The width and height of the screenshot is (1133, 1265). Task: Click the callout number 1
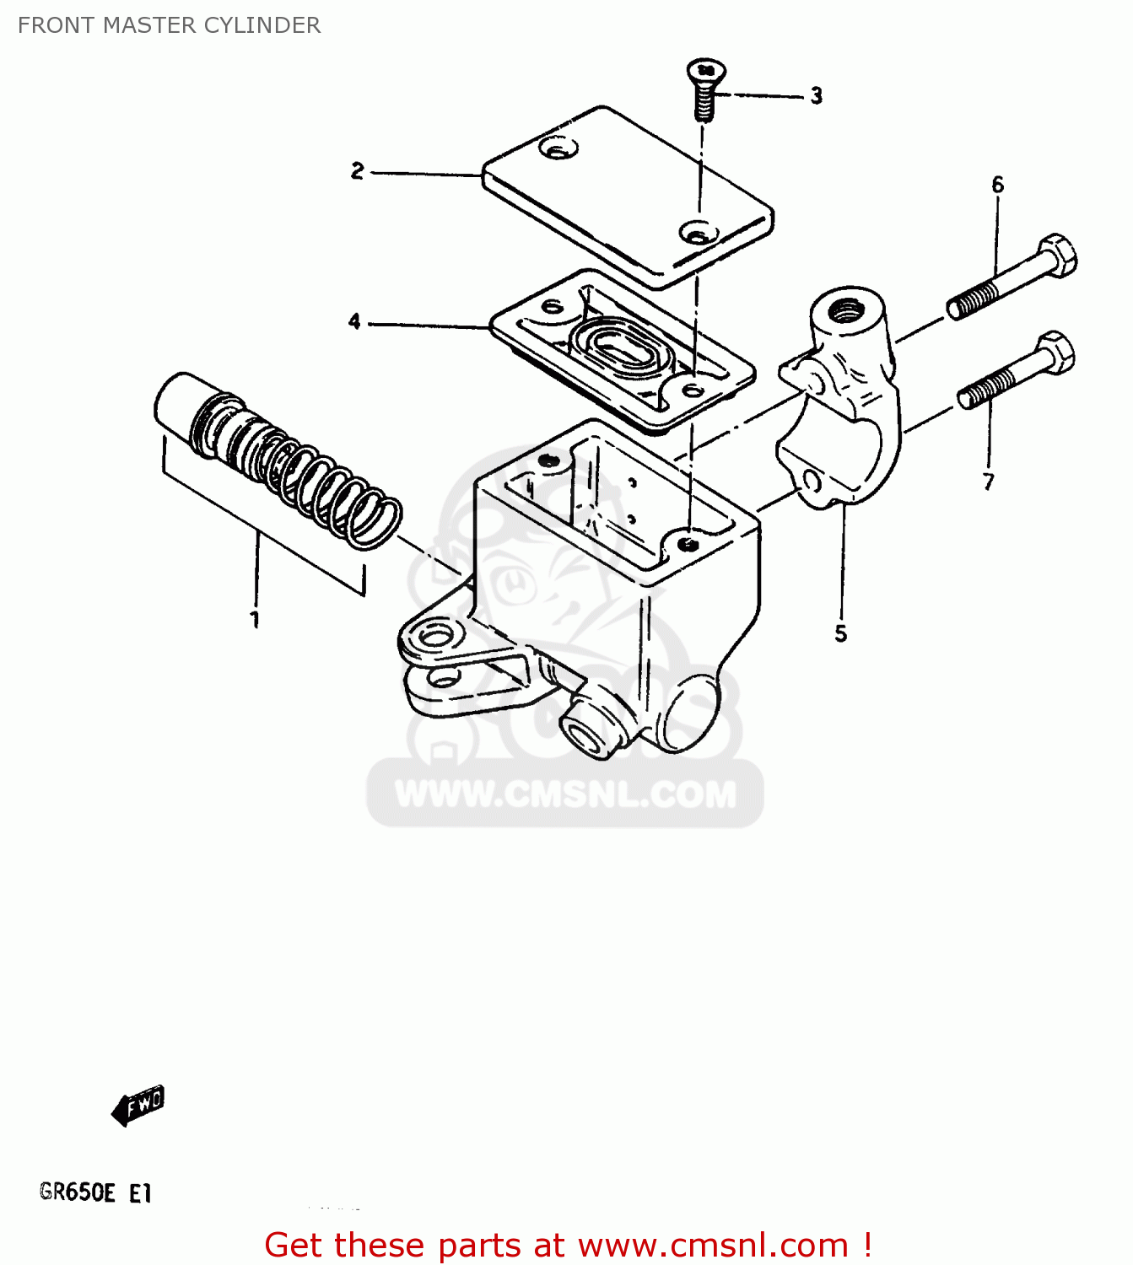[x=254, y=620]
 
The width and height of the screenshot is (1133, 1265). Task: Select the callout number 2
[x=358, y=171]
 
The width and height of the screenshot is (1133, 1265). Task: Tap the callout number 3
[x=816, y=96]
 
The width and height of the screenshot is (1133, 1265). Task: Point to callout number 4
[x=354, y=321]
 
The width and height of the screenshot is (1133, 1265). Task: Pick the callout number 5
[x=840, y=633]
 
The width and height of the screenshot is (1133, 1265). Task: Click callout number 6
[x=997, y=185]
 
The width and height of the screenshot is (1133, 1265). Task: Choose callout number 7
[x=988, y=482]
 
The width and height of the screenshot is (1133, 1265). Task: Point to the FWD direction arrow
[x=138, y=1105]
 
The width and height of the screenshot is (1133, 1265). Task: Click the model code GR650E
[x=77, y=1192]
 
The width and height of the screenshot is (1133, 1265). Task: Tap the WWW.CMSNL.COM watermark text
[x=565, y=794]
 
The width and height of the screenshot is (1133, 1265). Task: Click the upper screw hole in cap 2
[x=557, y=150]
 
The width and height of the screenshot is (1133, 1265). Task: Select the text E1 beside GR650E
[x=140, y=1193]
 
